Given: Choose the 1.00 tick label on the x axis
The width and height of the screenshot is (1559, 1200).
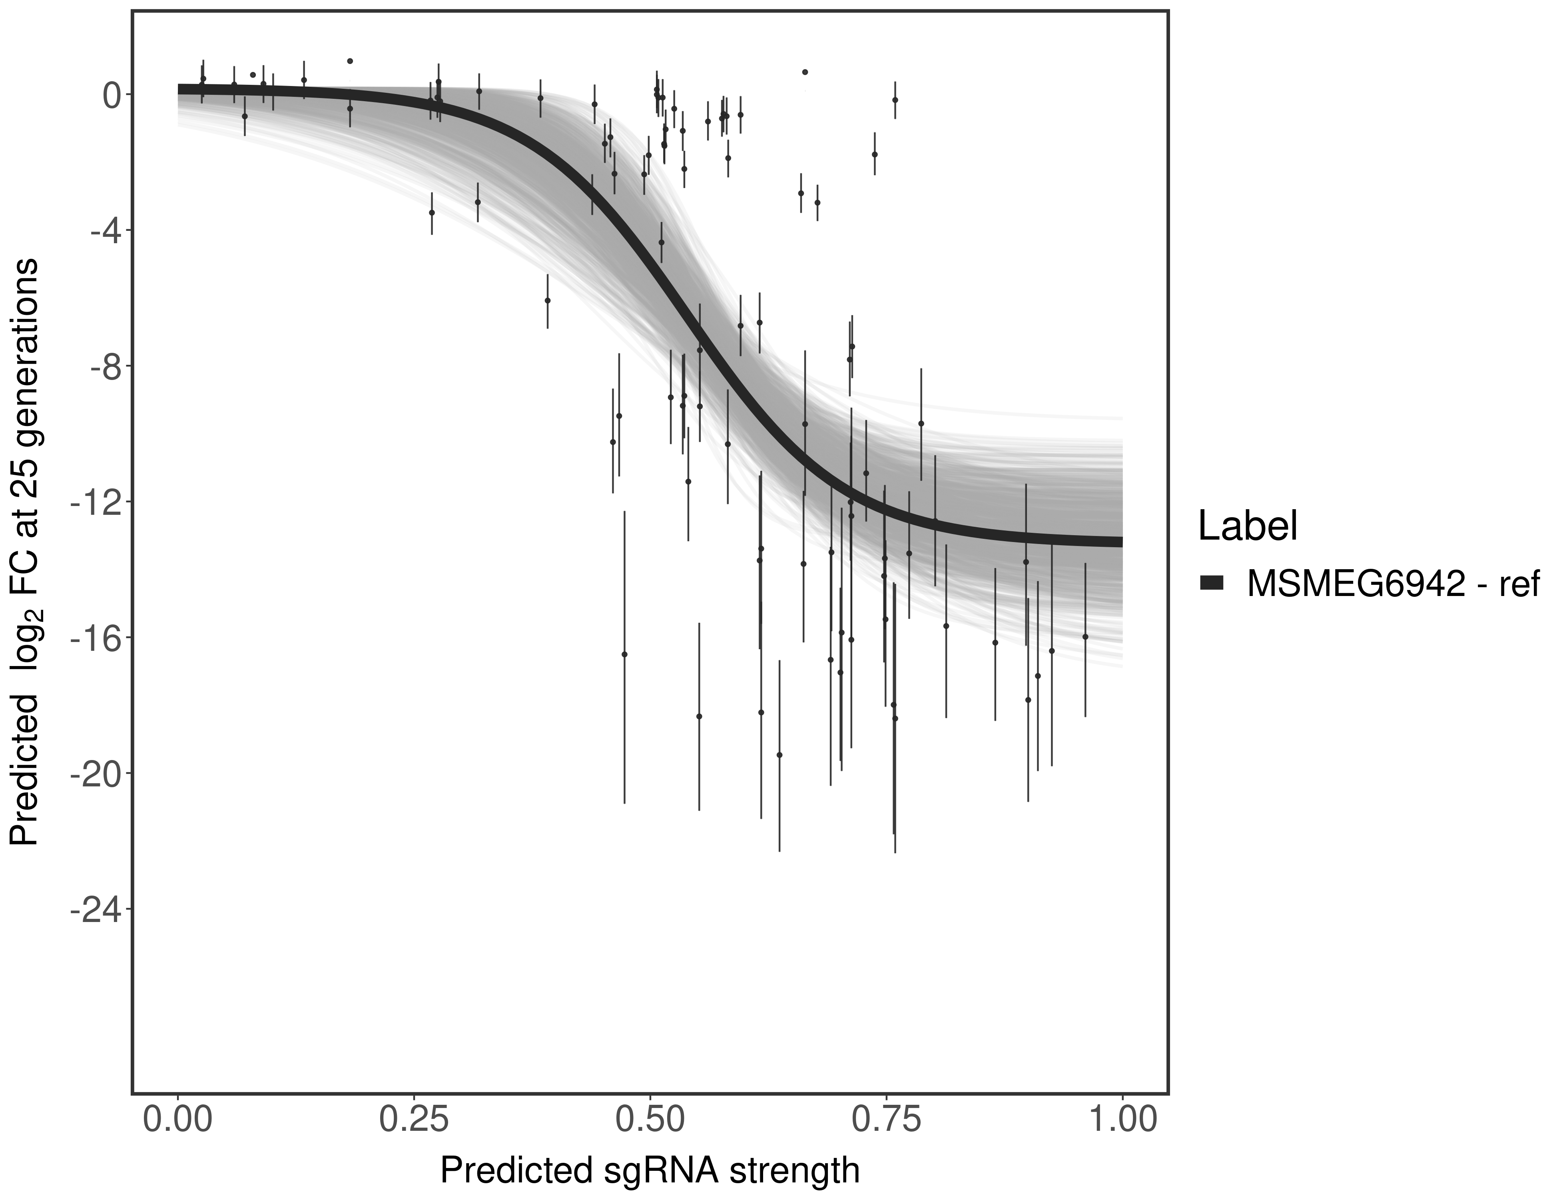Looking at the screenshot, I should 1122,1119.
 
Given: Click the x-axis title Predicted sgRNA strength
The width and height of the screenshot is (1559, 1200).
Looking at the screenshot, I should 650,1172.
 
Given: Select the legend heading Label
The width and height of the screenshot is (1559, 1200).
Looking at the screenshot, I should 1247,526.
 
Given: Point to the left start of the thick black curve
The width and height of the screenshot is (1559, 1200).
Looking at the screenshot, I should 180,89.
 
